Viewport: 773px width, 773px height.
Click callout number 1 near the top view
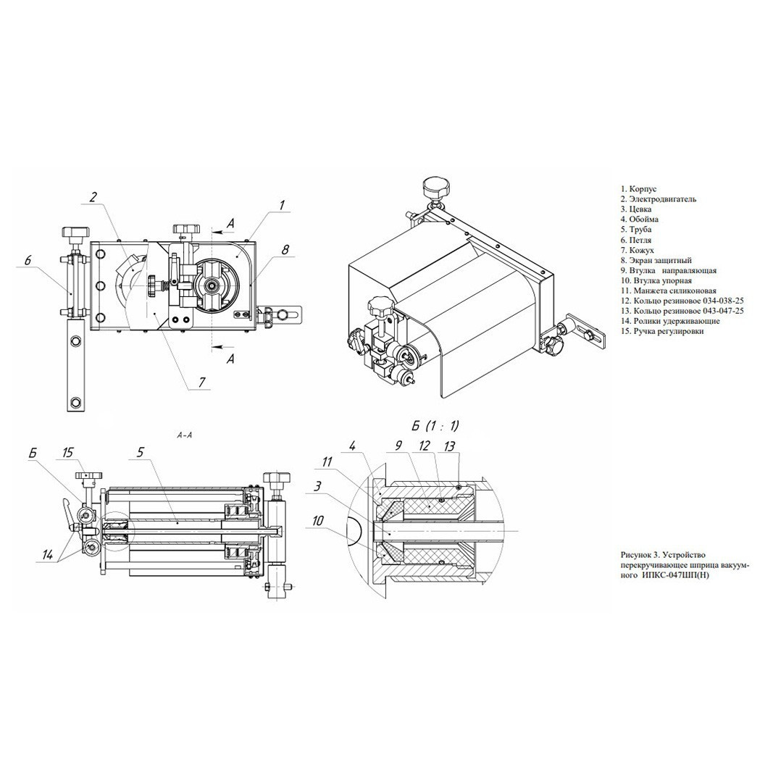click(x=281, y=205)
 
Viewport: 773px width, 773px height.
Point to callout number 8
click(x=285, y=250)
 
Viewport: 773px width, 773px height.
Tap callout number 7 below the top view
click(x=201, y=382)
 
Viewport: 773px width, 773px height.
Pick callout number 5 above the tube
click(x=141, y=452)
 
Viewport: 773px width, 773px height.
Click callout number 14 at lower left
click(x=48, y=553)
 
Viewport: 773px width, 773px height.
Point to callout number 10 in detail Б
click(x=318, y=520)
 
